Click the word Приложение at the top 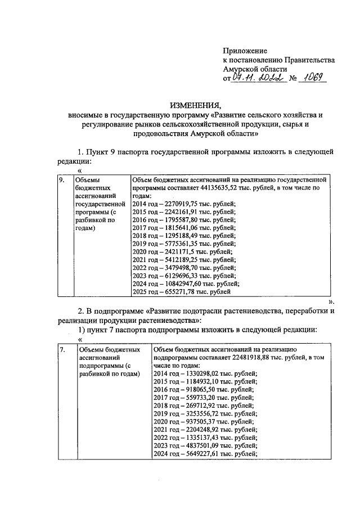pyautogui.click(x=245, y=51)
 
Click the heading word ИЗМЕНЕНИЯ pyautogui.click(x=196, y=105)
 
